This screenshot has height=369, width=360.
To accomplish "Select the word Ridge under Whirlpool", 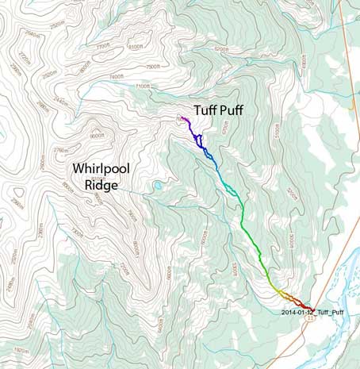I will point(101,186).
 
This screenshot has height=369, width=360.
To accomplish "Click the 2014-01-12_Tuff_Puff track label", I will point(314,312).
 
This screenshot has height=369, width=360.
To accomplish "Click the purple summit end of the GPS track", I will point(182,118).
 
